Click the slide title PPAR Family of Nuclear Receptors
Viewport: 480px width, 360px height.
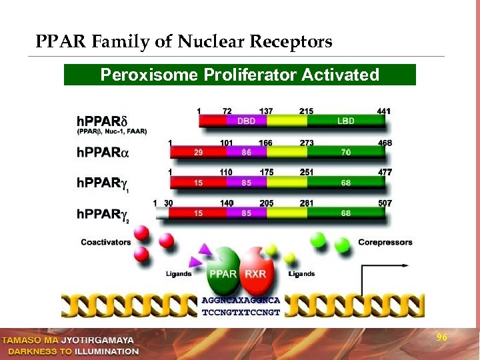[x=184, y=43]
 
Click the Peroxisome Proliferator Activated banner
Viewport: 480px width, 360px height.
[x=239, y=75]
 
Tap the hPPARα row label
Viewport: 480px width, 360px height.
[x=101, y=153]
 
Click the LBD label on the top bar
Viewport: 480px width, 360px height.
[x=345, y=121]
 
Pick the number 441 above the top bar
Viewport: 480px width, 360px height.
[x=384, y=111]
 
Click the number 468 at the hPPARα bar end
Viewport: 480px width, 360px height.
[x=384, y=142]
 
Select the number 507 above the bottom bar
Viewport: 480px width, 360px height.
[x=384, y=203]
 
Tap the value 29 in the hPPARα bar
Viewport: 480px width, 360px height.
[x=198, y=153]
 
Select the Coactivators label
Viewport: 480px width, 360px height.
[x=106, y=242]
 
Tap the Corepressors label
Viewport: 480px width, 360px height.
[x=385, y=242]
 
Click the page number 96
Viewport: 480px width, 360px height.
[x=441, y=338]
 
